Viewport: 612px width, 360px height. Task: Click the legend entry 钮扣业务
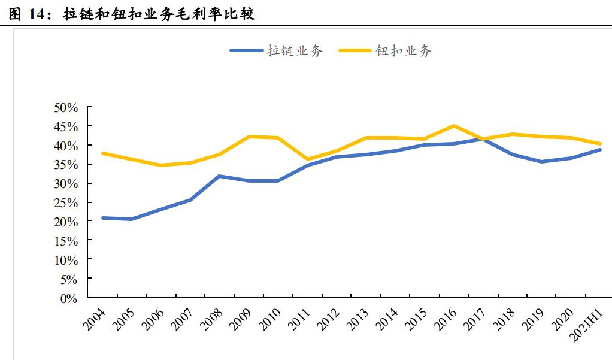tap(403, 51)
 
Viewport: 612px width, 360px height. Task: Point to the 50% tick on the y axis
tap(66, 108)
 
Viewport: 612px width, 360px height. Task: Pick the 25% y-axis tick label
tap(66, 203)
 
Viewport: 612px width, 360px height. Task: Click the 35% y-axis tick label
tap(66, 165)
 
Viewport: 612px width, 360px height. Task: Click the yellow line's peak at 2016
tap(453, 126)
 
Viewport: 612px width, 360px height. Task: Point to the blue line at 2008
tap(219, 176)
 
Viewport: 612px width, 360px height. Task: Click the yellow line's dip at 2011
tap(307, 160)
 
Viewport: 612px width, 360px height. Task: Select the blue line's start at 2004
tap(102, 218)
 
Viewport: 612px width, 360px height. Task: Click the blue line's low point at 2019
tap(541, 162)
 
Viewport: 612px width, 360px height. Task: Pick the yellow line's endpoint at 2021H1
tap(599, 144)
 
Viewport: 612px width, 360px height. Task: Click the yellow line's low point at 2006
tap(160, 165)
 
